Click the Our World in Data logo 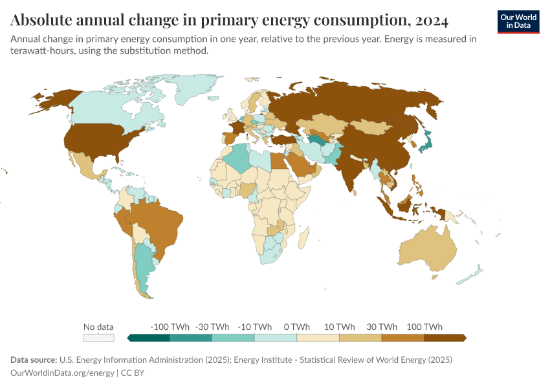click(x=518, y=21)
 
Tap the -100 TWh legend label click(x=170, y=327)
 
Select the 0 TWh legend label click(x=296, y=327)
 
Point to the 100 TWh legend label click(x=424, y=327)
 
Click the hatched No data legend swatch click(x=98, y=338)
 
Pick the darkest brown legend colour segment click(x=445, y=338)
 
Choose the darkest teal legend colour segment click(x=149, y=338)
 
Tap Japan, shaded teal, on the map click(x=425, y=142)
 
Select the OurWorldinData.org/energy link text click(x=61, y=373)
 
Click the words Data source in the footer click(x=33, y=360)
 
